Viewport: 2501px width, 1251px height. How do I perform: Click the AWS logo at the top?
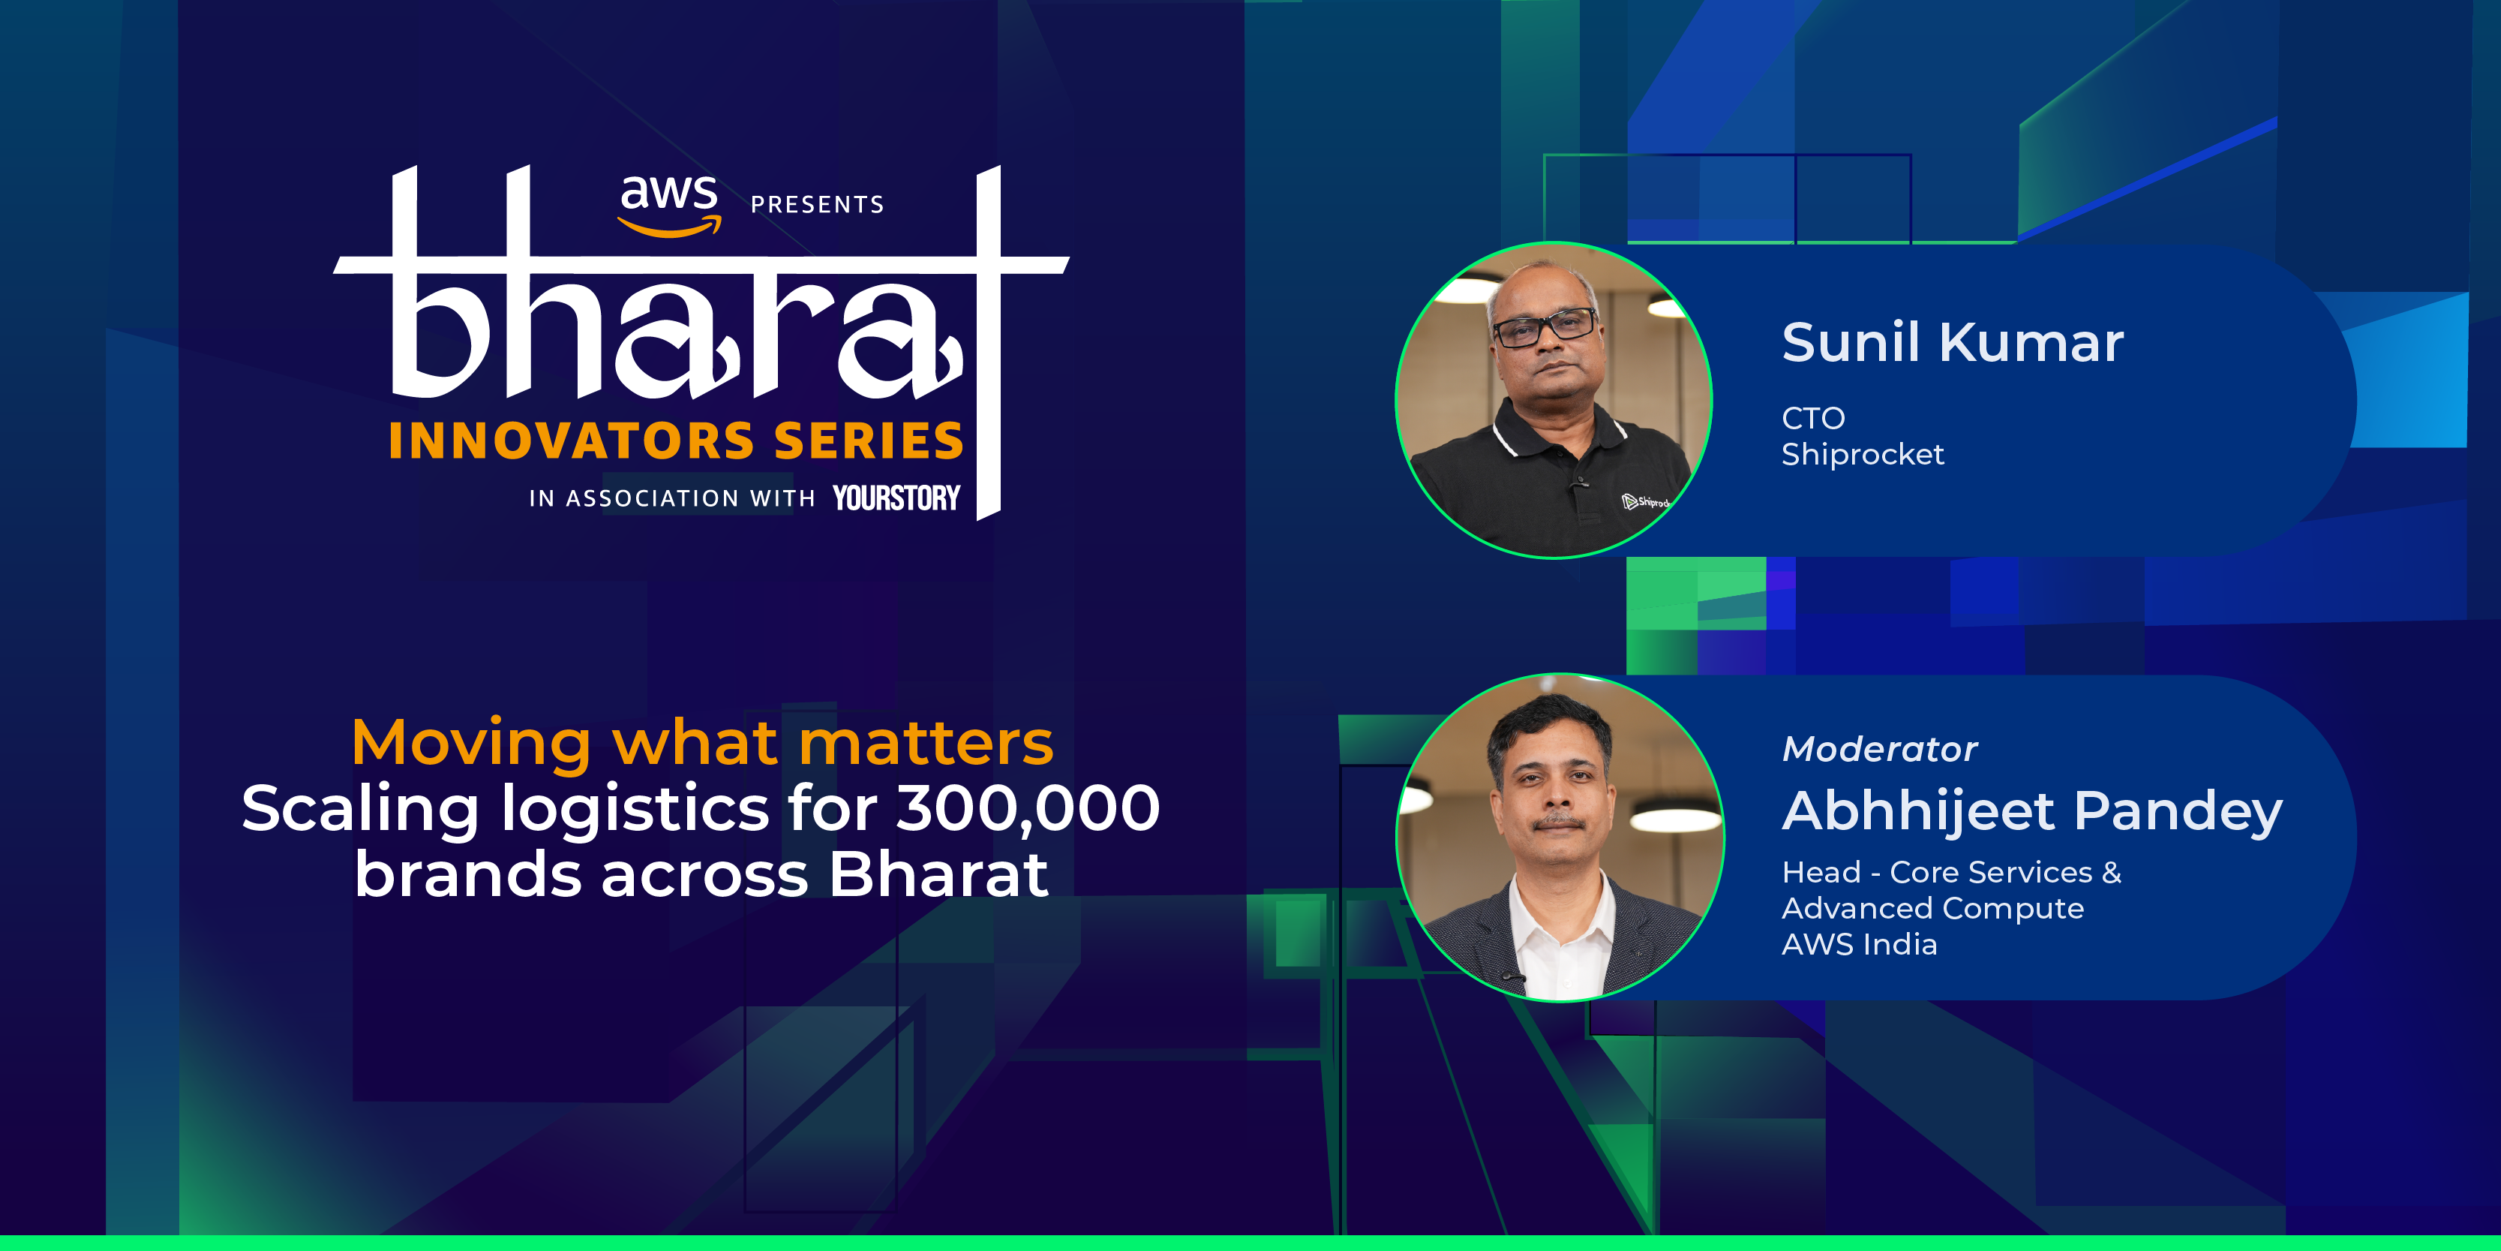tap(669, 202)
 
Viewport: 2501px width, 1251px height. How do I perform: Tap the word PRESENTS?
tap(816, 205)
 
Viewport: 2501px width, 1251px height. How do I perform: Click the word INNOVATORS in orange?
tap(572, 441)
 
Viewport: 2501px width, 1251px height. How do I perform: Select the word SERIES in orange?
tap(869, 441)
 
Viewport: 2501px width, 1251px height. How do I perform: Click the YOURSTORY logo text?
tap(896, 498)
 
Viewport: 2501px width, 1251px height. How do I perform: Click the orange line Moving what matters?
tap(702, 743)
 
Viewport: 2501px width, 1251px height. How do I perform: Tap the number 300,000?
tap(1027, 808)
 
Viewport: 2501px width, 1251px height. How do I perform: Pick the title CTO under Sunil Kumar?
tap(1812, 419)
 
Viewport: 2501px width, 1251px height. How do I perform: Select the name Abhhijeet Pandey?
tap(2032, 811)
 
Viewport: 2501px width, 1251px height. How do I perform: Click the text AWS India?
tap(1859, 944)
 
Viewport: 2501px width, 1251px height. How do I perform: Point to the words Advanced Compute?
tap(1932, 908)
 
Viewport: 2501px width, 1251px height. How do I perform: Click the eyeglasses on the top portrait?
tap(1545, 326)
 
